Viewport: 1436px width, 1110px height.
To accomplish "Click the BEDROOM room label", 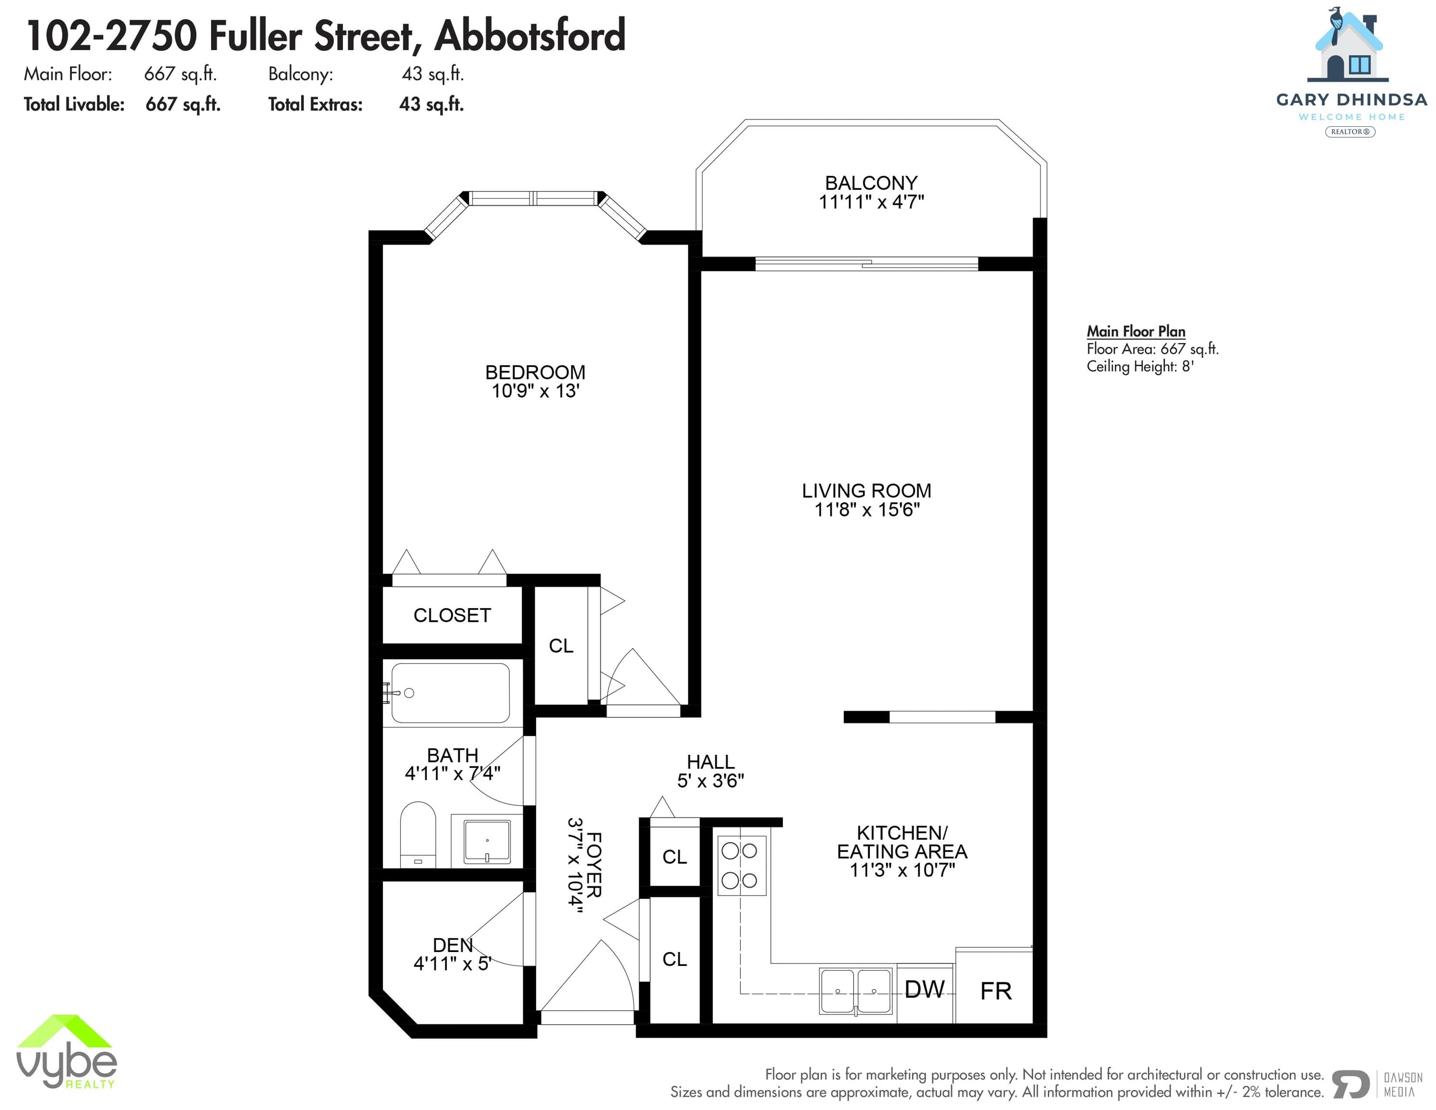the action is coord(535,372).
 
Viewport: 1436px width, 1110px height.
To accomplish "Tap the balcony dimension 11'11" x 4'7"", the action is coord(871,202).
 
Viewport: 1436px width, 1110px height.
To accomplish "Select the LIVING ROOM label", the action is coord(867,490).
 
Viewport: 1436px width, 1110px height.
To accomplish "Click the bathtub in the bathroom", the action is coord(450,693).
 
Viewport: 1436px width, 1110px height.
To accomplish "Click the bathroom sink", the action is coord(487,841).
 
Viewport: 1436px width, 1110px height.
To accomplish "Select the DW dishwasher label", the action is coord(924,989).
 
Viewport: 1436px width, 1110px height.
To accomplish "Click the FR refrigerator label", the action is coord(995,991).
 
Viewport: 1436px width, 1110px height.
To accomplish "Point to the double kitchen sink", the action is coord(856,991).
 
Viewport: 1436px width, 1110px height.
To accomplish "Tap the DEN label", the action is coord(452,945).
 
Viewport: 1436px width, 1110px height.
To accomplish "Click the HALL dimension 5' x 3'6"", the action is coord(711,780).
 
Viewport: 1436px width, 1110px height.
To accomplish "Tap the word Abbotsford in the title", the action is coord(530,36).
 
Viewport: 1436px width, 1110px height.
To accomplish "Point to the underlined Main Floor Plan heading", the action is coord(1135,331).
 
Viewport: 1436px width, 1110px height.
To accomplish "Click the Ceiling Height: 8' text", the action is coord(1139,366).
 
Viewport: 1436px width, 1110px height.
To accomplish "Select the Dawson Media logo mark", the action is coord(1351,1084).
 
